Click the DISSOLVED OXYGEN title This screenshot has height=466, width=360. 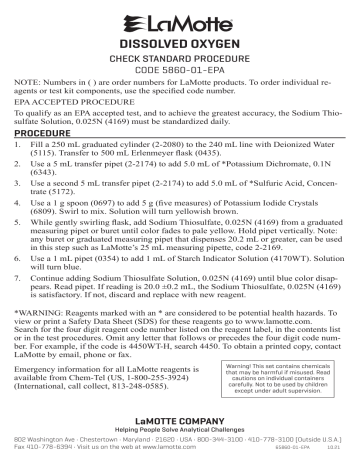179,45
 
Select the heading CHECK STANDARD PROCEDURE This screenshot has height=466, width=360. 179,61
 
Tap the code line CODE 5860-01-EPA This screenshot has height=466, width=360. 179,74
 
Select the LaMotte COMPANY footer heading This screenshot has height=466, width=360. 179,435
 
